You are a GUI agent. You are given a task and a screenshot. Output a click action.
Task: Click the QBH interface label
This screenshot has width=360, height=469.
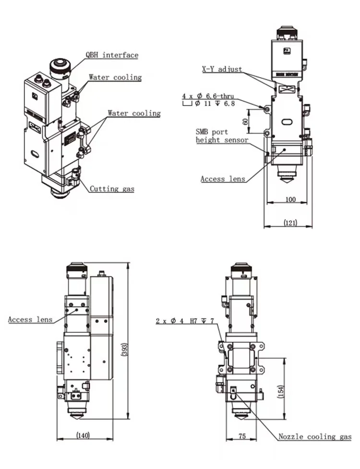[112, 55]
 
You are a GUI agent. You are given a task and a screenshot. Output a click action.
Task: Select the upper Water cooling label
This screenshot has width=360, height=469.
[115, 77]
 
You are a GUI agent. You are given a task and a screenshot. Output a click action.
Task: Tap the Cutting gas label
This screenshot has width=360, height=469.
[112, 188]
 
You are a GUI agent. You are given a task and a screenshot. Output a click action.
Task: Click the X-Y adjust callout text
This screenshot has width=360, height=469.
[222, 69]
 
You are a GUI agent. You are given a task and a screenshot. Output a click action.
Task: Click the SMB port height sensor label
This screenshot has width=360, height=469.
[222, 135]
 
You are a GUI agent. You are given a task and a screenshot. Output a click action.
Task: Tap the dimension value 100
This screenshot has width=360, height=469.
[290, 199]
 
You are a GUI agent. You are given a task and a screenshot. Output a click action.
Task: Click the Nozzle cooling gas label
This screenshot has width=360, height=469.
[315, 436]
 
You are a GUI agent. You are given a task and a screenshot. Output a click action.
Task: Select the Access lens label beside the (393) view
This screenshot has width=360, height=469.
[27, 319]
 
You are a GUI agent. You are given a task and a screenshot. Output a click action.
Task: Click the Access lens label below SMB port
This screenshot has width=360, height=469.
[222, 179]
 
